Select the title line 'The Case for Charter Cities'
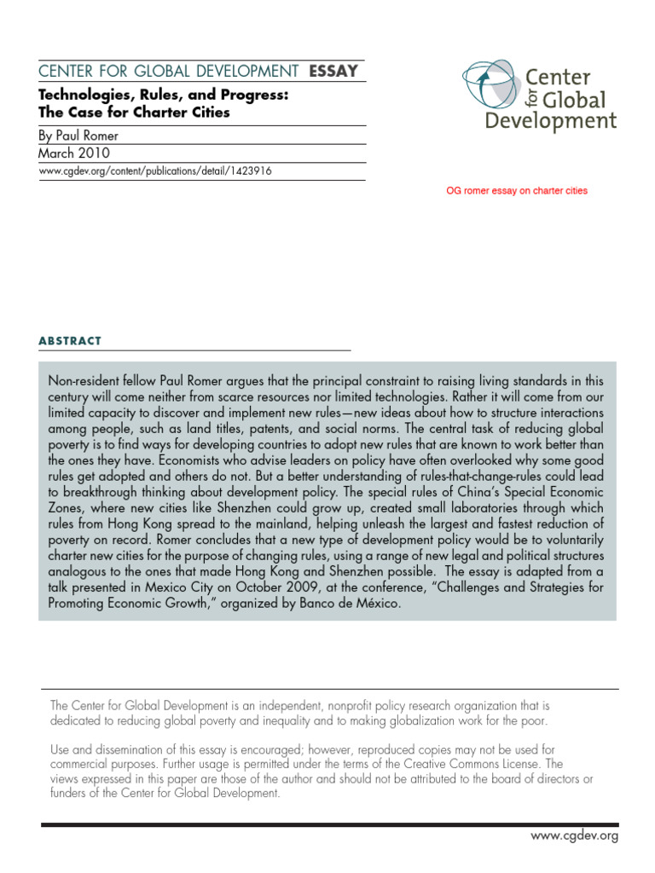tap(135, 113)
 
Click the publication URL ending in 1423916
tap(156, 171)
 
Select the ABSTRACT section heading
tap(70, 341)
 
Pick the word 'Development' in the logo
tap(550, 120)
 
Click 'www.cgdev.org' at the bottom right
tap(574, 835)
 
